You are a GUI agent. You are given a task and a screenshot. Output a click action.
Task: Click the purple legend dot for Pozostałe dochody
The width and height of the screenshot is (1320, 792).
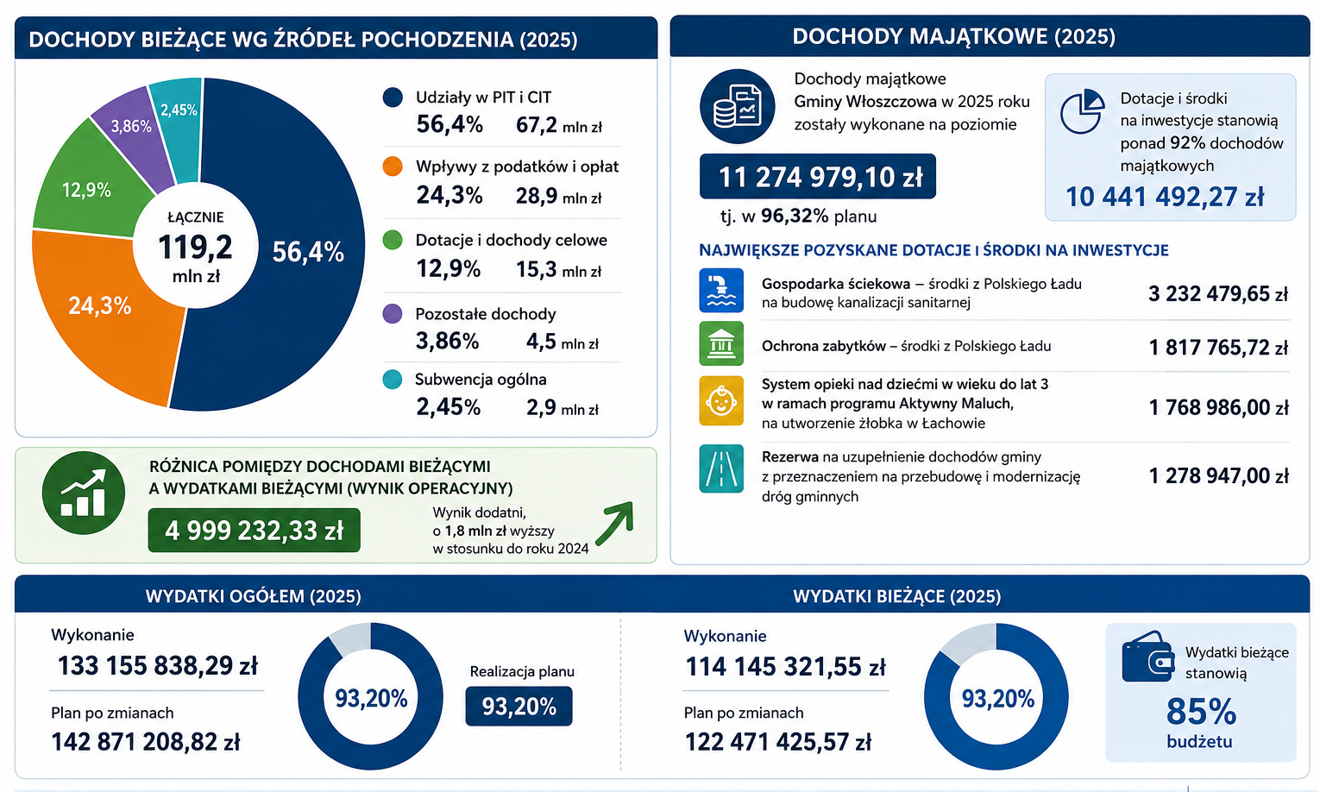[393, 313]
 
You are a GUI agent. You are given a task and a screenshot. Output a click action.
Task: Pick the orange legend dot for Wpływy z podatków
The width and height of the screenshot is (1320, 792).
[393, 167]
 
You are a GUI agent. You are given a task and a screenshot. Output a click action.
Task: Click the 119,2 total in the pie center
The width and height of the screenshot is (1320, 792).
[195, 247]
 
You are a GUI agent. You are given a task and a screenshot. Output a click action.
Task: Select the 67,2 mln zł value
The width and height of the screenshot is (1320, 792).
[559, 125]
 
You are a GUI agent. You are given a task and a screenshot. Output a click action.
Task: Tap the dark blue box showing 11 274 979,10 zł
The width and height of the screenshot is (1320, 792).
[817, 176]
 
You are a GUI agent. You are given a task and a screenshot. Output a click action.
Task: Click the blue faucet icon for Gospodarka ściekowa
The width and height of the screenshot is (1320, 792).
[721, 290]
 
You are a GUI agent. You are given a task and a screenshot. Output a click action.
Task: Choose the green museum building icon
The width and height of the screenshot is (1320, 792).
[721, 343]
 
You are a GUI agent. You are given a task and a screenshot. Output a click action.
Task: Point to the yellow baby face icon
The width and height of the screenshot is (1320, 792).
[721, 400]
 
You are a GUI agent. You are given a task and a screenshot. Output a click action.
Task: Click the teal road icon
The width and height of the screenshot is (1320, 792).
[721, 468]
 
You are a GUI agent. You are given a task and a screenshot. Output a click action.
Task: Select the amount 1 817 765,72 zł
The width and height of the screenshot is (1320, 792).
[1219, 347]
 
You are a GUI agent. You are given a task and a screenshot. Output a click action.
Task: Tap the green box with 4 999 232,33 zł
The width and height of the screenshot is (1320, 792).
[254, 531]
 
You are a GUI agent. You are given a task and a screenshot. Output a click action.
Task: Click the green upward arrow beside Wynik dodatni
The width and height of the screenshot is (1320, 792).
[614, 523]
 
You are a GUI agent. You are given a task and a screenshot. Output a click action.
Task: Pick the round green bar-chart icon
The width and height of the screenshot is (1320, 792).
[84, 493]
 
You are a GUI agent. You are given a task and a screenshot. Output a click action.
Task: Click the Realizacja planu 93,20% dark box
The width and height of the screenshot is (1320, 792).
[519, 706]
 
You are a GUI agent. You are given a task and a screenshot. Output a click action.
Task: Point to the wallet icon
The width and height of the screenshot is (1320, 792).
[1148, 657]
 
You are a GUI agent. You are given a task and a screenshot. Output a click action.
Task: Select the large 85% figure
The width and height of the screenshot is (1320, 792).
[1201, 712]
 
